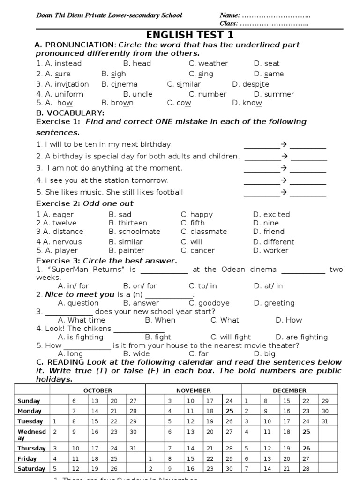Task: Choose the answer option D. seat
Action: click(267, 63)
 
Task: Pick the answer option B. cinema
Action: click(120, 84)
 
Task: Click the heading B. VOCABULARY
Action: click(70, 113)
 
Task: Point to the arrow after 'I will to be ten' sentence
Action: click(283, 144)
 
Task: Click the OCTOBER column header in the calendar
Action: click(97, 390)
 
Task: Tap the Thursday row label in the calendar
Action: click(32, 448)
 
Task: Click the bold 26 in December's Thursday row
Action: click(307, 448)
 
